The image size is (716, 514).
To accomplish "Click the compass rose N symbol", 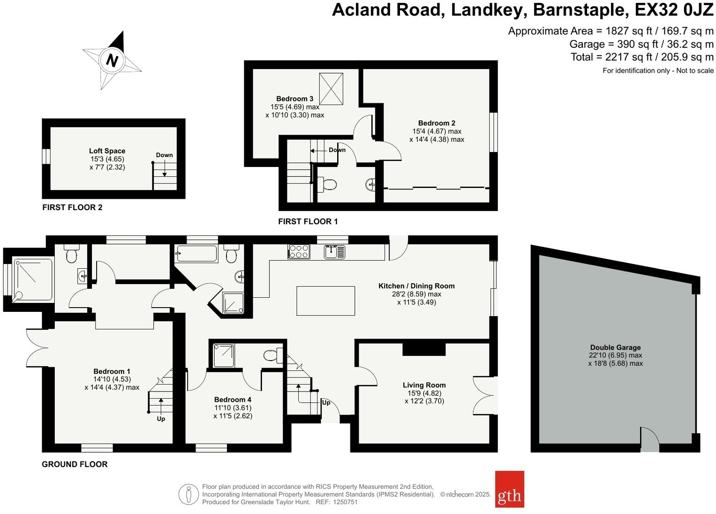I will [x=112, y=60].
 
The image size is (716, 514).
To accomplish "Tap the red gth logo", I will [x=509, y=489].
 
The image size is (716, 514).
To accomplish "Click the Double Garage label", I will [x=615, y=348].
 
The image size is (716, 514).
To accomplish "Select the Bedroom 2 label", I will [x=437, y=123].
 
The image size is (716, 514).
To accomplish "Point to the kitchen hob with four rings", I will [x=299, y=252].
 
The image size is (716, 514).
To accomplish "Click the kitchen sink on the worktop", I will [x=334, y=252].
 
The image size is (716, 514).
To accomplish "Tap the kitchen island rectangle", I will [x=325, y=301].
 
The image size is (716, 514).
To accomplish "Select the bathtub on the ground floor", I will [x=196, y=254].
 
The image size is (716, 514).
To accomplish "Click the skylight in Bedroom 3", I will [x=331, y=89].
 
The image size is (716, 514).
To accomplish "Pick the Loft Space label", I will [x=107, y=151].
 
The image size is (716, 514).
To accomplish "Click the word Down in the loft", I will [x=164, y=155].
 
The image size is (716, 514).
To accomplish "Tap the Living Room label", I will [x=424, y=385].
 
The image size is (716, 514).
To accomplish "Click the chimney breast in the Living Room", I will [x=424, y=349].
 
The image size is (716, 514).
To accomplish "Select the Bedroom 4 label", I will [x=233, y=400].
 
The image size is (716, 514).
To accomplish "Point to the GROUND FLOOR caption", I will [x=75, y=464].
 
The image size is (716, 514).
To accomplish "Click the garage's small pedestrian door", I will [x=650, y=441].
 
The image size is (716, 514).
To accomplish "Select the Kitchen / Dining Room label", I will [x=416, y=286].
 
